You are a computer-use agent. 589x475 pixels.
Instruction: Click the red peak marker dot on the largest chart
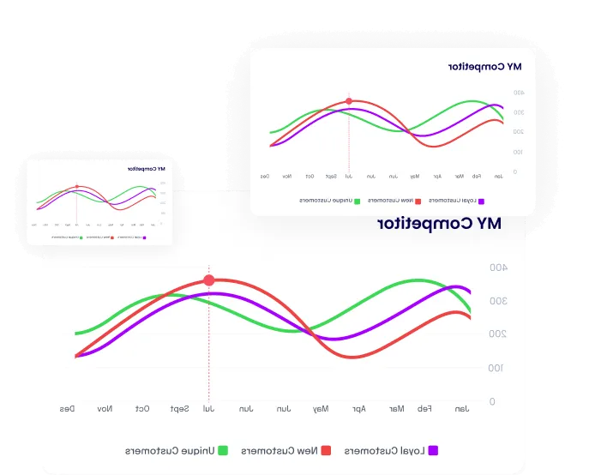click(x=208, y=280)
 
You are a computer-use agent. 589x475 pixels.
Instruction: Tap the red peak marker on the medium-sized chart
click(x=349, y=101)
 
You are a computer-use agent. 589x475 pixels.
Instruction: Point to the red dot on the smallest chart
click(x=76, y=186)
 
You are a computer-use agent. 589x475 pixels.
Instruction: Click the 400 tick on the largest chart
click(x=498, y=268)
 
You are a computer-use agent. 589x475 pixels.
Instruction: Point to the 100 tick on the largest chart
click(x=496, y=368)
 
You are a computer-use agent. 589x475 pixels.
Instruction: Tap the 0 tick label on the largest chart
click(x=491, y=401)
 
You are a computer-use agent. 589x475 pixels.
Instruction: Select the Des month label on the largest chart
click(x=67, y=408)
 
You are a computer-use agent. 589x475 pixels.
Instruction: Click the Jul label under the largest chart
click(x=207, y=408)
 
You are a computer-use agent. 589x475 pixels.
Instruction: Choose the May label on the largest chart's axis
click(x=320, y=408)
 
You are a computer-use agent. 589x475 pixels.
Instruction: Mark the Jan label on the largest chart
click(x=461, y=408)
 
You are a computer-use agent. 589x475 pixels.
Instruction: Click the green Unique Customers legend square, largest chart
click(x=223, y=449)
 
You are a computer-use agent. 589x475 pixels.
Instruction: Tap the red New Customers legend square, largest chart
click(x=327, y=449)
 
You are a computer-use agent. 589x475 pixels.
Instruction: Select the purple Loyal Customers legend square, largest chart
click(x=434, y=449)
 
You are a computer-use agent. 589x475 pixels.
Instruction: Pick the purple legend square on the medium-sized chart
click(x=481, y=201)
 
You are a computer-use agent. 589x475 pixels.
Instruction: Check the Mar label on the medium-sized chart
click(x=460, y=176)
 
